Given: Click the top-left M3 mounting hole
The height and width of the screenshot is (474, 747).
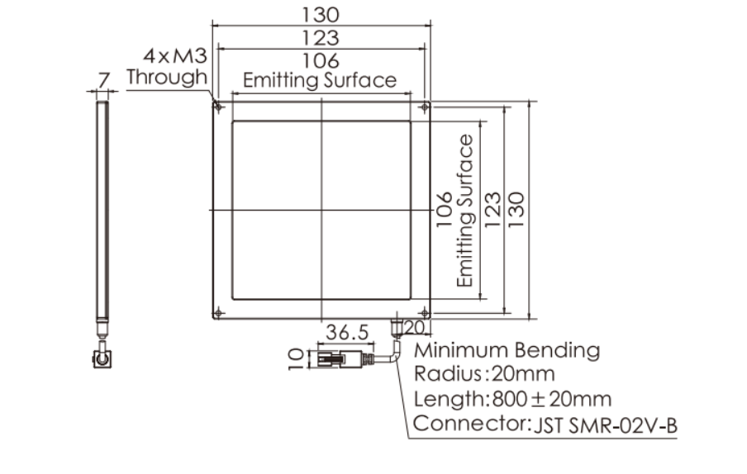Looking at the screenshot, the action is (218, 107).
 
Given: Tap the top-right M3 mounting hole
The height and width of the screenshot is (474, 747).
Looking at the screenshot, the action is (425, 107).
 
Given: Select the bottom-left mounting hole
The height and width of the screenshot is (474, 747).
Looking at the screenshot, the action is (218, 313).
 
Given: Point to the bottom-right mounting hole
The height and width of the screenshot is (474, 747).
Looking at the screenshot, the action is (425, 313).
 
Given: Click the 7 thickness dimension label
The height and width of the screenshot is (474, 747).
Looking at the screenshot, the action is (104, 80).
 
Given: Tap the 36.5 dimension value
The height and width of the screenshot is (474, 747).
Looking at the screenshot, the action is (347, 332).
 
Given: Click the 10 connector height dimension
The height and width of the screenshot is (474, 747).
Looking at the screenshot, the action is (296, 358).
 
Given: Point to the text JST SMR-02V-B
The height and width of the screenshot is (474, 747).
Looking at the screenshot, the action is (605, 425).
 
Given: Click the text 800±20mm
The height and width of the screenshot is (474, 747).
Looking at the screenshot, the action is (552, 399).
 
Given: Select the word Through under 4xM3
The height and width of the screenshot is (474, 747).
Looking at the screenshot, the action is (167, 77).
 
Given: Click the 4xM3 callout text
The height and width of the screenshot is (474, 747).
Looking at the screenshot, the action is (175, 56).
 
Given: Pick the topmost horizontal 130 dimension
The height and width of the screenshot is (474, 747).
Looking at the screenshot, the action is (321, 15).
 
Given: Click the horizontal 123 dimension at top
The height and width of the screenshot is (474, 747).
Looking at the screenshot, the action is (321, 38).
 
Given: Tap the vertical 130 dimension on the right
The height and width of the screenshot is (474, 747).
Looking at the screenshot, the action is (517, 210).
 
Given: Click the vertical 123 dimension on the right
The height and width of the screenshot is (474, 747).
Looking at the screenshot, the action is (493, 210).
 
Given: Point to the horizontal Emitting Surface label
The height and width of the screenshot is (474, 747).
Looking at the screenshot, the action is (320, 80).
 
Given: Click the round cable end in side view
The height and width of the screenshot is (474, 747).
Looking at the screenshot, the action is (102, 358).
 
